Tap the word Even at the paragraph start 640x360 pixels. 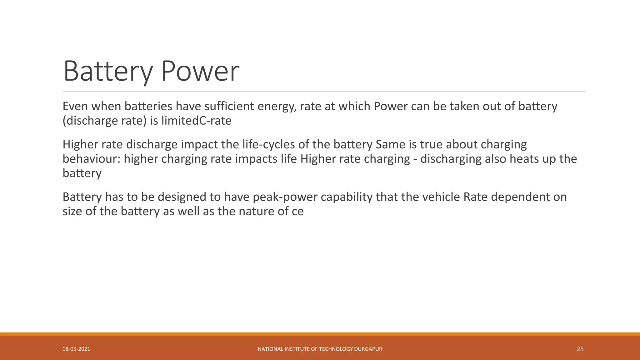(76, 107)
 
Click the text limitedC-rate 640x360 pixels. (196, 121)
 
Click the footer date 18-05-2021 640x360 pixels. (76, 349)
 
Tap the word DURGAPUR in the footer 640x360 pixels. (368, 349)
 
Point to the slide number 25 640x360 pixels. (580, 349)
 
